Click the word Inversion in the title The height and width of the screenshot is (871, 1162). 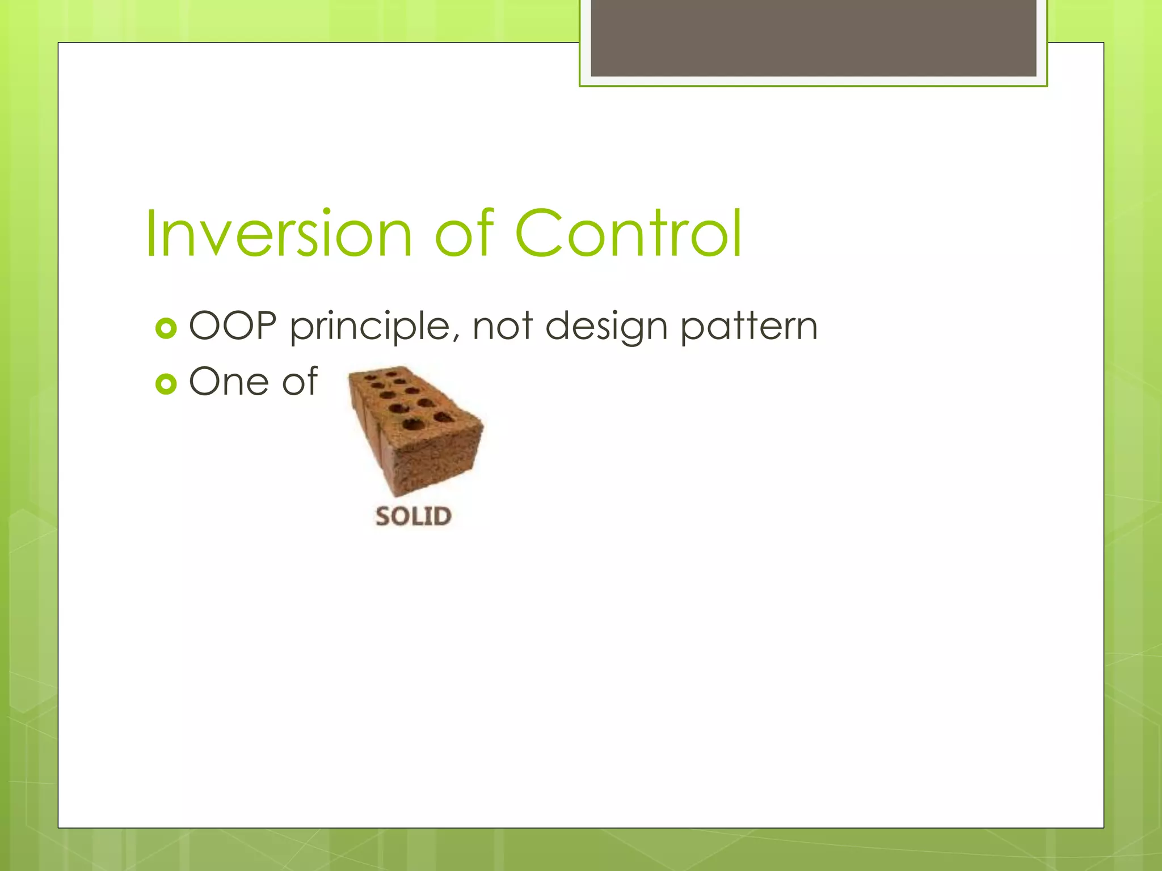point(278,234)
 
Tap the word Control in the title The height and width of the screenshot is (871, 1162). point(628,234)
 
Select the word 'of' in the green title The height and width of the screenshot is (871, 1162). point(464,234)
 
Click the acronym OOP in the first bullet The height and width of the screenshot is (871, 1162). point(233,327)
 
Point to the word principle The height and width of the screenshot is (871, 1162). point(371,328)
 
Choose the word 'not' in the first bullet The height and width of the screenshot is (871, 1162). point(502,327)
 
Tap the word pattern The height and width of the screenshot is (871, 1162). point(749,328)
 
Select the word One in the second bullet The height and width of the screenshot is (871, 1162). point(229,382)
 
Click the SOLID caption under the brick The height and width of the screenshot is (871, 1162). point(413,517)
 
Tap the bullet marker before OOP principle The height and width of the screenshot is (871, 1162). point(166,328)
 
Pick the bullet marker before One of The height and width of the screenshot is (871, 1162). point(166,384)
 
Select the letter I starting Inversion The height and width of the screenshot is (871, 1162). point(150,234)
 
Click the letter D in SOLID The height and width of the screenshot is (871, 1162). point(442,517)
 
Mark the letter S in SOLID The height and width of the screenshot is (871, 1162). point(384,517)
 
